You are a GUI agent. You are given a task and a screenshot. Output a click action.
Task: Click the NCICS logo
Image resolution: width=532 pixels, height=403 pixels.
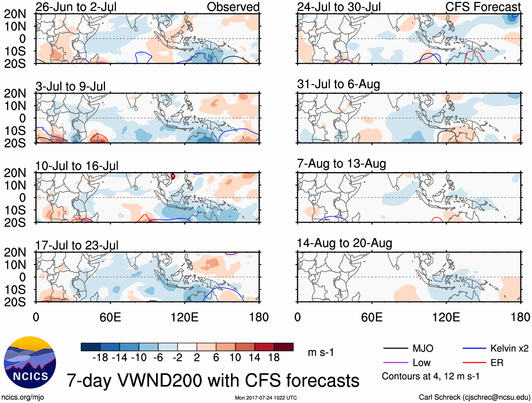click(30, 362)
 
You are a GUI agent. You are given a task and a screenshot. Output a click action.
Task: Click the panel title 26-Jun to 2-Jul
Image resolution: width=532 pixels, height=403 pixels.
click(76, 7)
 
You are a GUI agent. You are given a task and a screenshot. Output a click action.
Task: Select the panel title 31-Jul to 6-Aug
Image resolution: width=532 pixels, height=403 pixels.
click(338, 84)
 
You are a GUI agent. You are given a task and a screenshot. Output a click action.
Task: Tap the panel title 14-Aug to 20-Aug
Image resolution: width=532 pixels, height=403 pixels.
click(344, 243)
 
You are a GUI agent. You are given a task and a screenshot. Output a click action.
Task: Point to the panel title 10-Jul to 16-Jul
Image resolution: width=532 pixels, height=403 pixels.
click(76, 166)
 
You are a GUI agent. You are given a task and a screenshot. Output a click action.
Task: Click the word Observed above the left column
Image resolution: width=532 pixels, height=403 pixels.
click(233, 7)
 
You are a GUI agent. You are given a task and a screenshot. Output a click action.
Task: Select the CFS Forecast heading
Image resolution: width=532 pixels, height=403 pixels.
click(483, 7)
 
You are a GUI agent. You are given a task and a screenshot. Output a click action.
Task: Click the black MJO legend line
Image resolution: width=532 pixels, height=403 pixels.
click(395, 348)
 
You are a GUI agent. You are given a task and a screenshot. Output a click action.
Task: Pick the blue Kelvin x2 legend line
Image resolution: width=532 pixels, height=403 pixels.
click(474, 348)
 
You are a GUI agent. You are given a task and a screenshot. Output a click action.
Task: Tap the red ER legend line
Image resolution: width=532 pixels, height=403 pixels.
click(474, 362)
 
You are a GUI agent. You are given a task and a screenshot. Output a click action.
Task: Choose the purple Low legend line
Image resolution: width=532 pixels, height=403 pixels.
click(395, 362)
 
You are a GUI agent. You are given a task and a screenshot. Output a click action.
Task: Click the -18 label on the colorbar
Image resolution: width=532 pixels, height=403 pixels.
click(100, 357)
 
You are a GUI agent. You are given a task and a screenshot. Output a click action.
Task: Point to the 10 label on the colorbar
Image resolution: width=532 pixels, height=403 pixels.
click(235, 357)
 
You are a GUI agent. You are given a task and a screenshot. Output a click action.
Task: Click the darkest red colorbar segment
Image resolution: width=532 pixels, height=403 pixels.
click(284, 347)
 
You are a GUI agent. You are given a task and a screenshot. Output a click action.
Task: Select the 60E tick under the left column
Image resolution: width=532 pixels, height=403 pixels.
click(110, 317)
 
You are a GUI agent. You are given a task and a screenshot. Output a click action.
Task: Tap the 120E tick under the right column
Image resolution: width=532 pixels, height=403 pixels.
click(446, 317)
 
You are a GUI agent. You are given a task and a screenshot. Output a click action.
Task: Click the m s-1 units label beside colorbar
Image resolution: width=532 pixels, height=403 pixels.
click(321, 352)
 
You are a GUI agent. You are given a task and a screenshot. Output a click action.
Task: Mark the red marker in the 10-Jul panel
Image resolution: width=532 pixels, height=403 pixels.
click(173, 176)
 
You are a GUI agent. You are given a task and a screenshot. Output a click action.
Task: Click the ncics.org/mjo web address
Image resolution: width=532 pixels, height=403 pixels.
click(23, 397)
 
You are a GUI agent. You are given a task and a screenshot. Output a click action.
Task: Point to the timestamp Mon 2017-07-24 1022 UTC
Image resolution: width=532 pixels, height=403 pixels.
click(266, 398)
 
